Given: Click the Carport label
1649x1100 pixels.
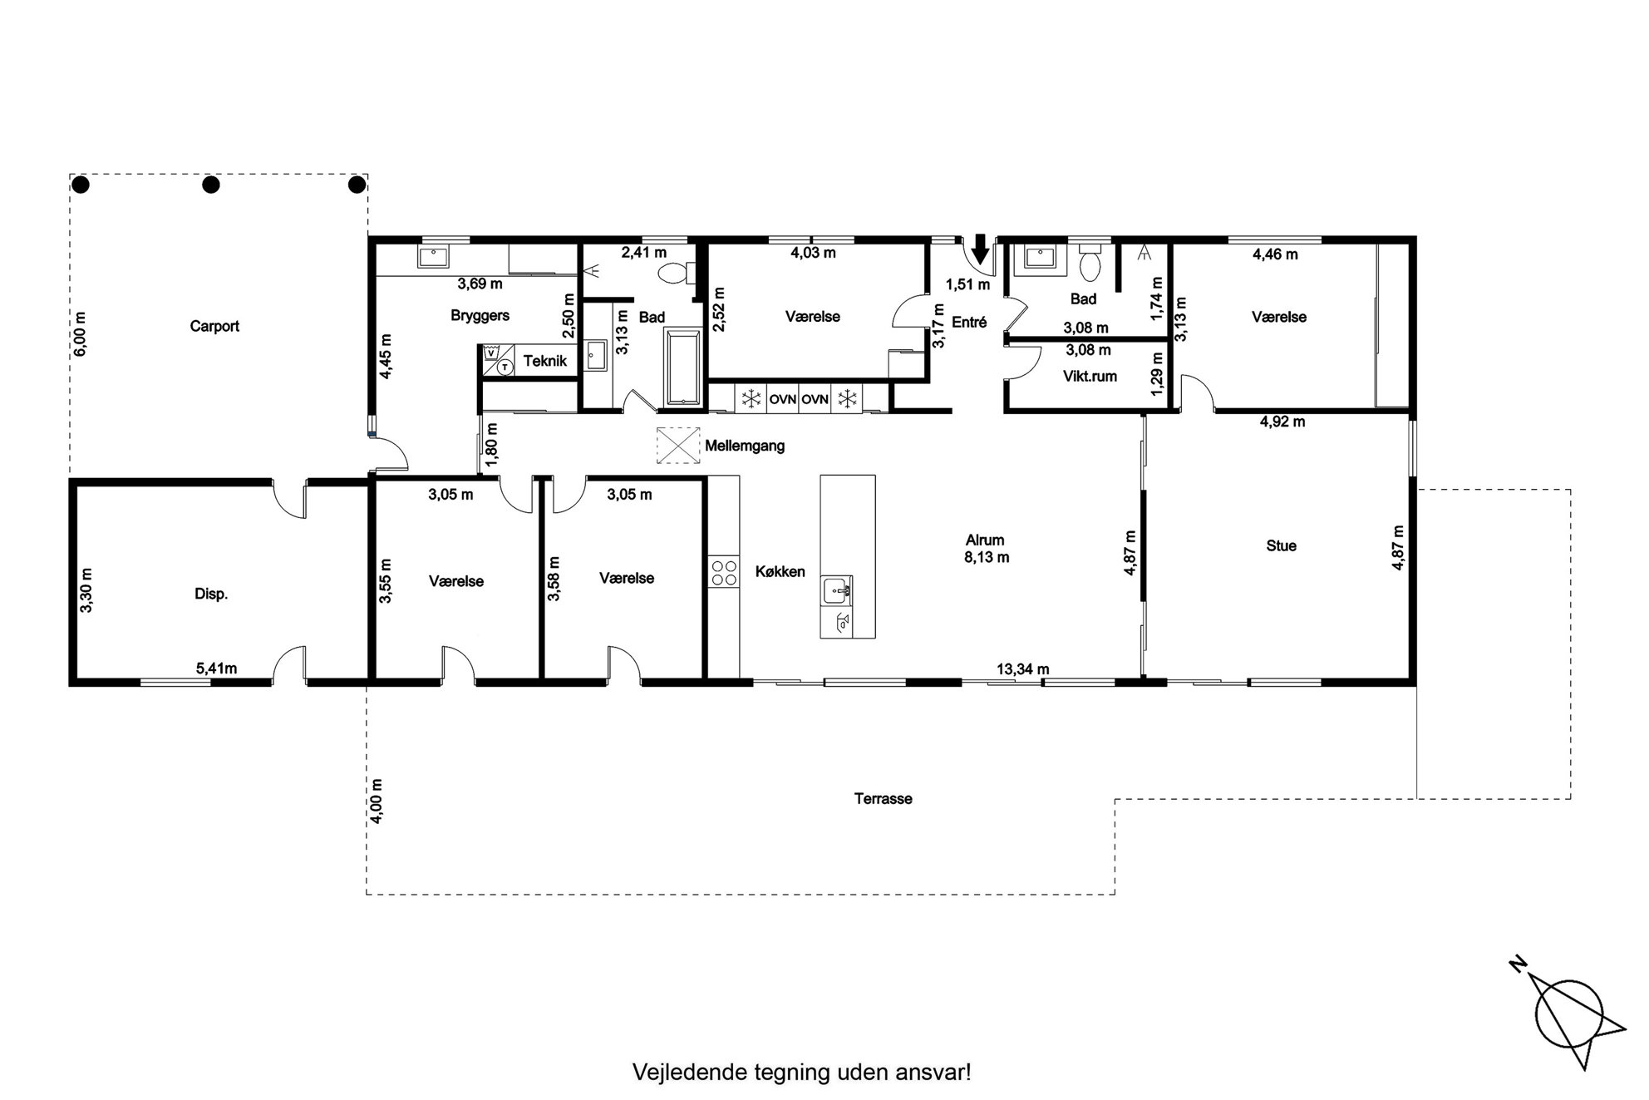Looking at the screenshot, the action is (x=214, y=326).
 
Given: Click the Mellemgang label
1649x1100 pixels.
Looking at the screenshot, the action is (x=745, y=446).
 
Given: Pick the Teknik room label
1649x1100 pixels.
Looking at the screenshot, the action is (x=545, y=361).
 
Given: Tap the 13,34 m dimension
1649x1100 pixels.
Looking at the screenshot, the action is (x=1023, y=668).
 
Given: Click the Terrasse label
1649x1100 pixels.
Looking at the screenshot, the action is (x=884, y=798).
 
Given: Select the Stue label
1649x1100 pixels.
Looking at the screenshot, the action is (x=1281, y=545).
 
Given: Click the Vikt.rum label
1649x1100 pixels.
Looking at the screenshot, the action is (x=1090, y=376).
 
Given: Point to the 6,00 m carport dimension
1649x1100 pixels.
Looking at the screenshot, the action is (x=80, y=334).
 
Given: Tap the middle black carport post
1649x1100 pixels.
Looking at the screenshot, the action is (x=211, y=185).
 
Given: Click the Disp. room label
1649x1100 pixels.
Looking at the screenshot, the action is (x=211, y=594).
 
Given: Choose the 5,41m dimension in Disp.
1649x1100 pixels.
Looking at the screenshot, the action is (x=216, y=668).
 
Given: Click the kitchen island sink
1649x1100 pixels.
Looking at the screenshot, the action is (x=837, y=591).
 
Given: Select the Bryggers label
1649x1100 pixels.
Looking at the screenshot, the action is (x=480, y=316).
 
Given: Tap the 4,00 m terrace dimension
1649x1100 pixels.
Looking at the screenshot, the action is (x=377, y=801).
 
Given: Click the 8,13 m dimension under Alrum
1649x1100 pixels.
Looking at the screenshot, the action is (x=987, y=557).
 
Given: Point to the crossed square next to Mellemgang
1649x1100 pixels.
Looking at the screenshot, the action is (x=678, y=445).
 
